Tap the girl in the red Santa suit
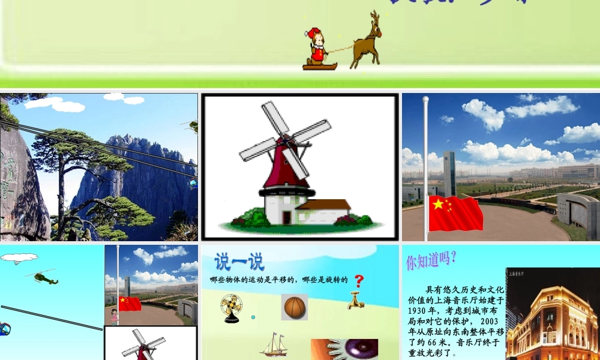(x=316, y=46)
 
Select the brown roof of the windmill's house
(x=323, y=204)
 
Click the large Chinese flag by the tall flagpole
(x=455, y=213)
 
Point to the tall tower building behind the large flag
(x=449, y=173)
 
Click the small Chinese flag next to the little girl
(x=130, y=304)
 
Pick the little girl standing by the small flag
(x=113, y=316)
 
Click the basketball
(x=294, y=307)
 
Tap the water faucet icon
(x=355, y=299)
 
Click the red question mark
(x=359, y=281)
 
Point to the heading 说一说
(x=239, y=262)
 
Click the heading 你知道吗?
(x=431, y=260)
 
